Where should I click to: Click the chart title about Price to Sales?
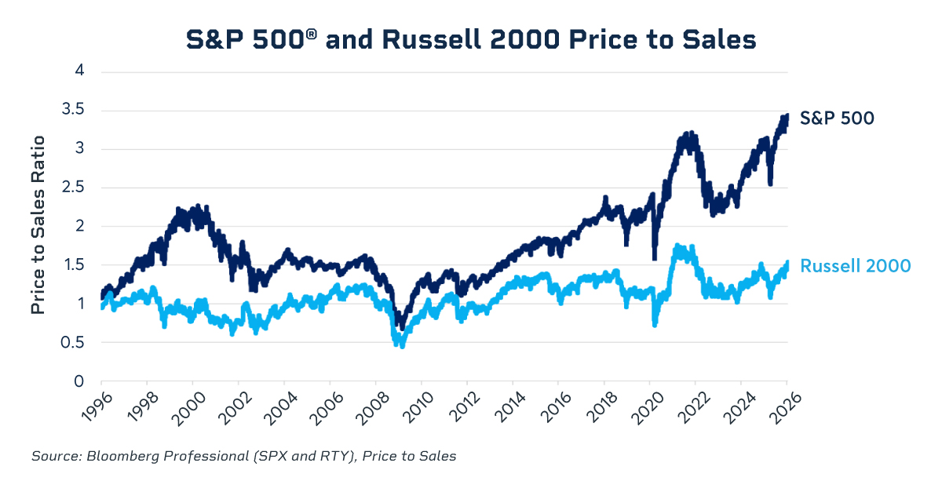click(471, 39)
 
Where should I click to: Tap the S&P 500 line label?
click(837, 118)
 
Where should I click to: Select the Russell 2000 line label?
click(855, 266)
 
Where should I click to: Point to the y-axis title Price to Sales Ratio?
click(38, 225)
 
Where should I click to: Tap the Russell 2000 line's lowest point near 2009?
click(403, 345)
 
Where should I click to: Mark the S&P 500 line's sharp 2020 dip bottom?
click(654, 257)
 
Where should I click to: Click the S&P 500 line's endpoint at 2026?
click(787, 115)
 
